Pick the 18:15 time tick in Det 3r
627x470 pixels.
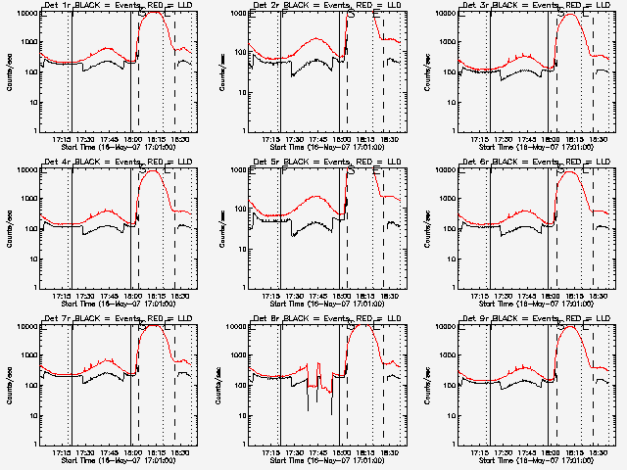(575, 138)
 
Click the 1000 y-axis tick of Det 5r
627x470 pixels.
(238, 199)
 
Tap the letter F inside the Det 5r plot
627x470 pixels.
(284, 171)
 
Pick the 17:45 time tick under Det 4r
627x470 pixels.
(111, 295)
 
